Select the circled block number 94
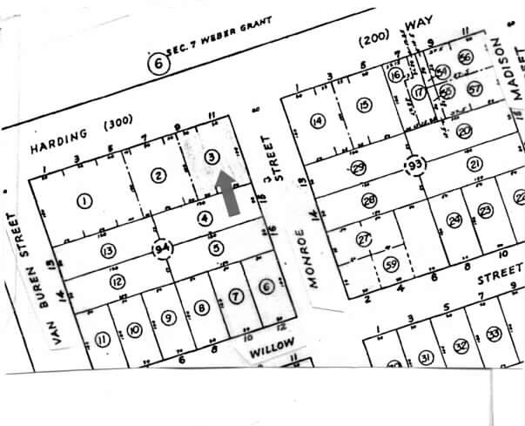tap(162, 248)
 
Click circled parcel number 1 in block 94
tap(84, 201)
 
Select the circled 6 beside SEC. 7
tap(158, 63)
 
